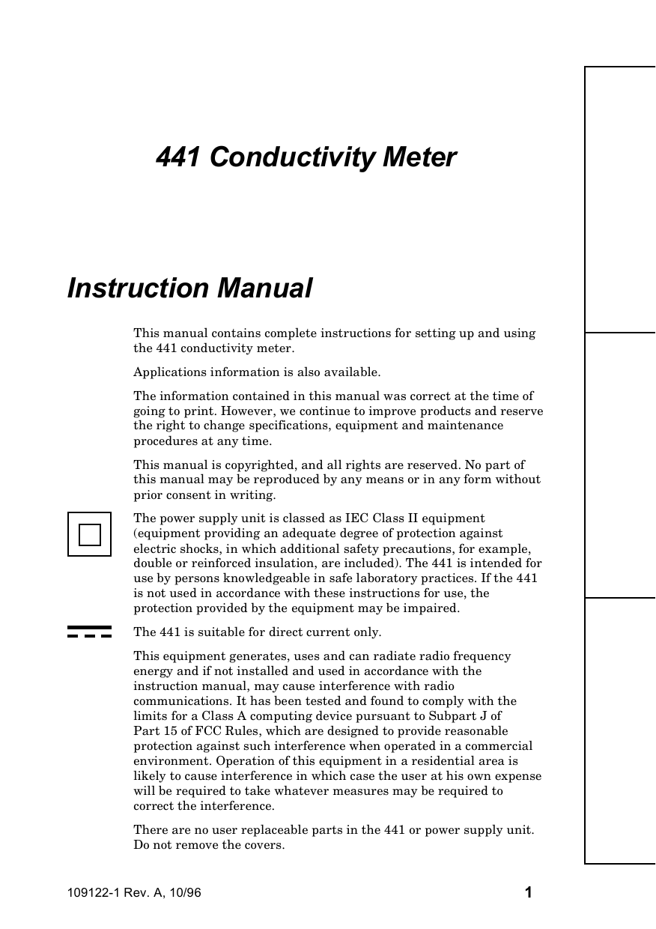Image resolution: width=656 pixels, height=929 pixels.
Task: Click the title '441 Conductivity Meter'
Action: tap(306, 158)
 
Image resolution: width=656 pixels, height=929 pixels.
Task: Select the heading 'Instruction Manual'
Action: tap(189, 288)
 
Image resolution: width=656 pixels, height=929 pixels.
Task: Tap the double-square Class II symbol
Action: tap(89, 534)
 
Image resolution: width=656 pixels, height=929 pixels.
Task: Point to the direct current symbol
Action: tap(89, 632)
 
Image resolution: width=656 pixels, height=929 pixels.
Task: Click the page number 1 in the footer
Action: tap(528, 892)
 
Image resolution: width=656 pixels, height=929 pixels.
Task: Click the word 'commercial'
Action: tap(499, 746)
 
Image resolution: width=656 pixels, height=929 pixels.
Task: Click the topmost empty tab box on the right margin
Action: tap(620, 199)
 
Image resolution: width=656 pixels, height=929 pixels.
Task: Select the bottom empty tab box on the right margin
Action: tap(620, 730)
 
